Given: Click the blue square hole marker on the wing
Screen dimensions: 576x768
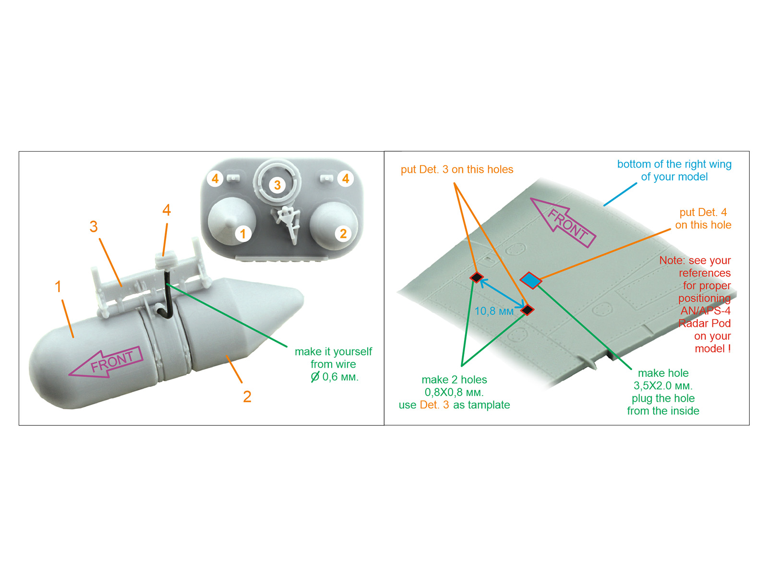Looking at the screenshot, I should click(x=530, y=280).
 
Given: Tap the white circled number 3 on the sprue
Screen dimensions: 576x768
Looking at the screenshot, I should click(x=277, y=185).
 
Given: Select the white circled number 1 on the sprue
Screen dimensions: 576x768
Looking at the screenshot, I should click(x=243, y=234).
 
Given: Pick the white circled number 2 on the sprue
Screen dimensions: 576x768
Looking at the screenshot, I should click(x=343, y=234).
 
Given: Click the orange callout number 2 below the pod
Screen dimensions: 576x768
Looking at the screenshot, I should click(x=247, y=396).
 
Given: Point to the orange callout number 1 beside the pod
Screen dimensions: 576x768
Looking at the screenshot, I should click(x=58, y=287).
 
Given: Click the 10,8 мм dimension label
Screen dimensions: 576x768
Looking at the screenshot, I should click(x=494, y=312).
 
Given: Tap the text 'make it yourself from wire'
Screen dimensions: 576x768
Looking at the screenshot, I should click(x=333, y=358).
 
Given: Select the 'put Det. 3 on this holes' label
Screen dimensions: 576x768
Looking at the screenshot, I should click(x=456, y=169).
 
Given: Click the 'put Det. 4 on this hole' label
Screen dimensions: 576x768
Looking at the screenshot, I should click(x=703, y=218).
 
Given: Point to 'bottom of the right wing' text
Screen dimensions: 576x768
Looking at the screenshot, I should click(x=674, y=164).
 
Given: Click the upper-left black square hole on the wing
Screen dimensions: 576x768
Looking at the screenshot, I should click(x=477, y=277).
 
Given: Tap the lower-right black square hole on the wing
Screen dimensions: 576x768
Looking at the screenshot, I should click(x=527, y=310).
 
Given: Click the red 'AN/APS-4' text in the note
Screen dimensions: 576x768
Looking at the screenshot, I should click(x=705, y=311).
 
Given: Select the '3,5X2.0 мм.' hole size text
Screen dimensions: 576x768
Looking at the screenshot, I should click(x=663, y=386).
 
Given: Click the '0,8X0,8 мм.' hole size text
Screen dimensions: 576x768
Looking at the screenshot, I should click(x=454, y=392).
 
